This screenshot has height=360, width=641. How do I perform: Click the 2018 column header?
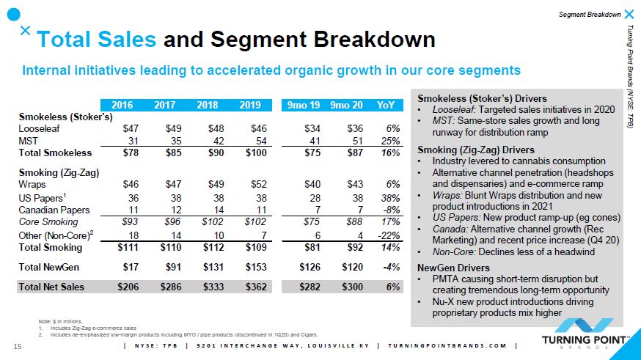tap(208, 105)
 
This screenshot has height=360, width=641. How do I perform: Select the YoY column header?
tap(386, 105)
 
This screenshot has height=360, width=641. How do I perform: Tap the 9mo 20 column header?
tap(346, 105)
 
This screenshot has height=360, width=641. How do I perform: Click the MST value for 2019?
tap(261, 141)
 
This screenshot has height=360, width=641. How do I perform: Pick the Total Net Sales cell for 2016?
tap(128, 287)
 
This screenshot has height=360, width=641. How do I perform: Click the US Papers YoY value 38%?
tap(390, 198)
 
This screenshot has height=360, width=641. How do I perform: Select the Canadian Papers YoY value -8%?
tap(390, 210)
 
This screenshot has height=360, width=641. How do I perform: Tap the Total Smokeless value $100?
tap(256, 153)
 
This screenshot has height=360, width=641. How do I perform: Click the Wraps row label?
tap(32, 184)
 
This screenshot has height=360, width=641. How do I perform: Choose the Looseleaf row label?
tap(40, 129)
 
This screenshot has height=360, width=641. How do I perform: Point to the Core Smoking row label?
tap(48, 222)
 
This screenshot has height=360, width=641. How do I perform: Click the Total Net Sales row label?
tap(51, 287)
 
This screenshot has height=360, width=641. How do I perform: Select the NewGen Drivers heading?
tap(453, 268)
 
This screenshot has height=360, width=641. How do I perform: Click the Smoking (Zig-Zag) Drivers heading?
tap(476, 150)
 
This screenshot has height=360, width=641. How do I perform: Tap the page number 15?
tap(17, 347)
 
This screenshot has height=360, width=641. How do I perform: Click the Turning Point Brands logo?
tap(585, 333)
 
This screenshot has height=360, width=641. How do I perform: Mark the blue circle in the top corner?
tap(13, 15)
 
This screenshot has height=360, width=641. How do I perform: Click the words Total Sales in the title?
tap(97, 40)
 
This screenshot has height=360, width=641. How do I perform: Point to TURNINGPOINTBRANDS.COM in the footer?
tap(447, 345)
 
